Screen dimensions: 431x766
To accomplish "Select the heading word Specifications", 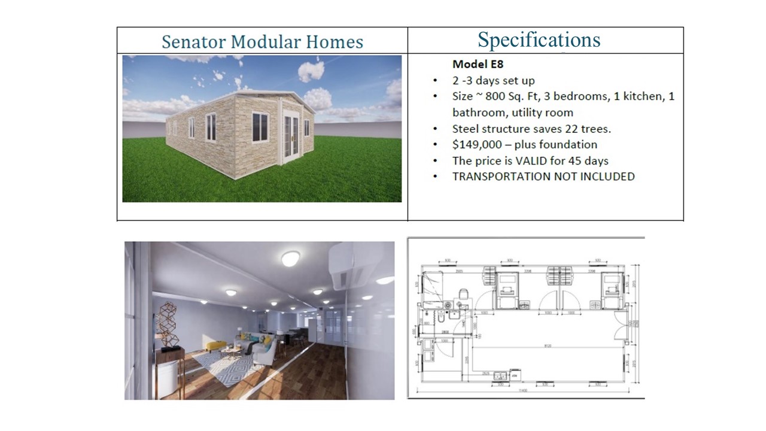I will (539, 40).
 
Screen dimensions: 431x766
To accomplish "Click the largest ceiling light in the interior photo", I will (290, 258).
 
